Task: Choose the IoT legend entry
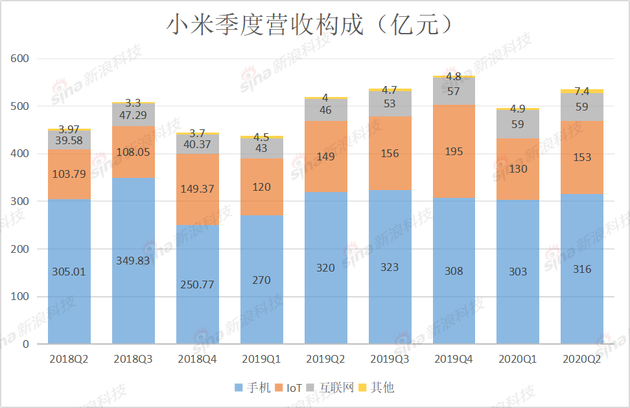tap(295, 387)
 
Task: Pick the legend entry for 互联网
tap(343, 387)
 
